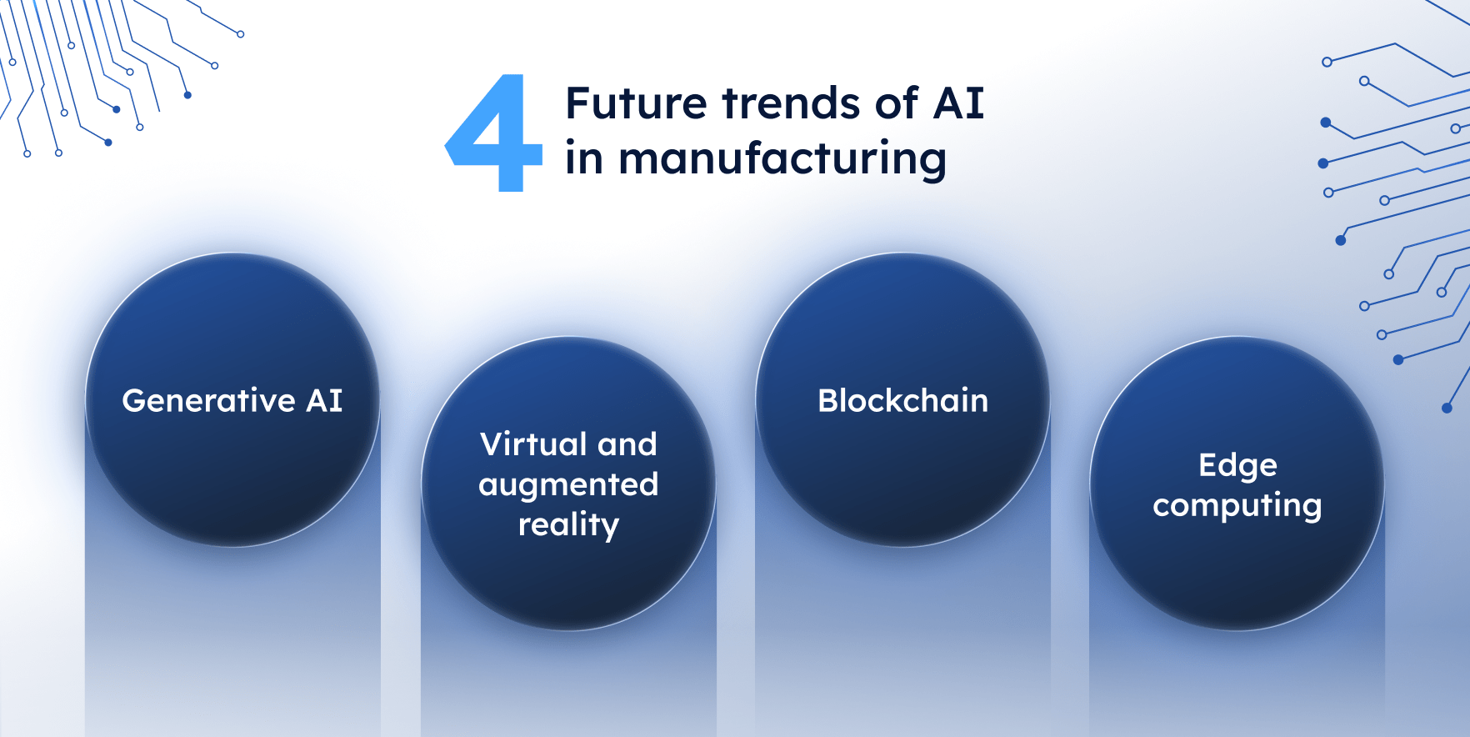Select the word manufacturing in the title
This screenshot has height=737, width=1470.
click(782, 159)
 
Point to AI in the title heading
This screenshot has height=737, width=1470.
click(958, 104)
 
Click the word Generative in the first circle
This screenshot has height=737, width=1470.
click(208, 401)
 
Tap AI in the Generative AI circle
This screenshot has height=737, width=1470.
click(324, 401)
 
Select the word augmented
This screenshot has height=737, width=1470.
click(568, 485)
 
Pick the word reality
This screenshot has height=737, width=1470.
click(568, 525)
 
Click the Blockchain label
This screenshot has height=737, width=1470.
click(902, 401)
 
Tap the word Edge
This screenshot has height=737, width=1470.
click(1237, 466)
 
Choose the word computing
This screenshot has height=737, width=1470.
click(1237, 506)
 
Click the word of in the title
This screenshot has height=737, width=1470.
click(896, 104)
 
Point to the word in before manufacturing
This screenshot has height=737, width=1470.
click(583, 158)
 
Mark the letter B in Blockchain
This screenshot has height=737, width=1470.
click(827, 401)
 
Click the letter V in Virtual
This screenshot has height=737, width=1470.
click(491, 444)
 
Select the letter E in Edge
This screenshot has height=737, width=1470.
click(1207, 465)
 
